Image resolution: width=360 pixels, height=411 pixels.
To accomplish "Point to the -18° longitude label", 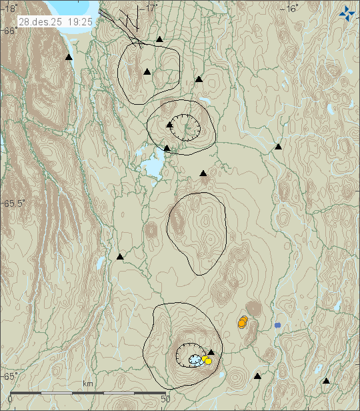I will point(8,7).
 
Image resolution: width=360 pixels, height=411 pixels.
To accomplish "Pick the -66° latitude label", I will point(9,31).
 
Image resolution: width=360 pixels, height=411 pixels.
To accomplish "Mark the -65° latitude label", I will point(9,376).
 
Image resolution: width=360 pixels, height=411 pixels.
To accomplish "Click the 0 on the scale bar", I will point(9,399).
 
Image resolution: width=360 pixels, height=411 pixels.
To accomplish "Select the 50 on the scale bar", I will point(167,399).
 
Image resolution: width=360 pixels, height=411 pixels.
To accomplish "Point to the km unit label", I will point(87,384).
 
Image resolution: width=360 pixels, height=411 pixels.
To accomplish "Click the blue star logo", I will point(347,12).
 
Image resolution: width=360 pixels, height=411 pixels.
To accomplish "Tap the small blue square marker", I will point(277,325).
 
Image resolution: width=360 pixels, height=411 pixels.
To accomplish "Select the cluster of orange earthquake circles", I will point(243,322).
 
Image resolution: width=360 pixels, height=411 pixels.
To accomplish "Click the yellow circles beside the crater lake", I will point(207,360).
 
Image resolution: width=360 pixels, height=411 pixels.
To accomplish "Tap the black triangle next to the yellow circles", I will point(211,352).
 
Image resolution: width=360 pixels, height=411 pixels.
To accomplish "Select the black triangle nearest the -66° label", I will point(68,58).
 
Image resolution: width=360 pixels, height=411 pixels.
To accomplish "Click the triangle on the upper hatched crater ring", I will point(170,124).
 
